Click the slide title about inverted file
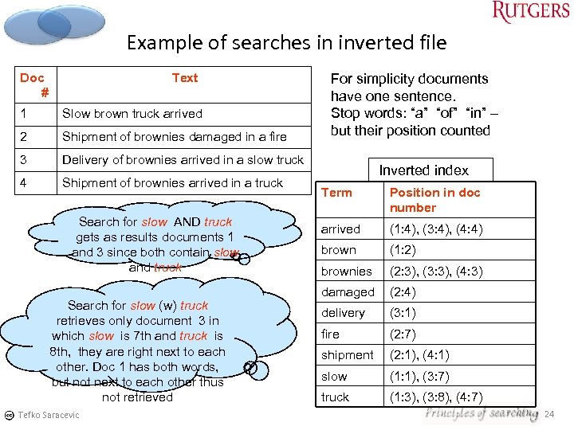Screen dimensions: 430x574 coord(286,42)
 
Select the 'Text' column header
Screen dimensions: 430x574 coord(184,78)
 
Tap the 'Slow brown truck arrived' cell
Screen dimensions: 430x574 coord(132,114)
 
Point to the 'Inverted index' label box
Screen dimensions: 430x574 coord(423,170)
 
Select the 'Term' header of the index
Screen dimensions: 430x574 coord(336,193)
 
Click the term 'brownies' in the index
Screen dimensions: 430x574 coord(346,272)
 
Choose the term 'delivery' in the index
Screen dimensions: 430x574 coord(343,313)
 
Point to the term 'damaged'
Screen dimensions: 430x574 coord(347,292)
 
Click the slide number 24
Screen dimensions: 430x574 coord(548,414)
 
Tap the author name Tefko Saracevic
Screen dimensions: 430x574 coord(49,415)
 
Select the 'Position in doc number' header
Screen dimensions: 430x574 coord(434,200)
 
